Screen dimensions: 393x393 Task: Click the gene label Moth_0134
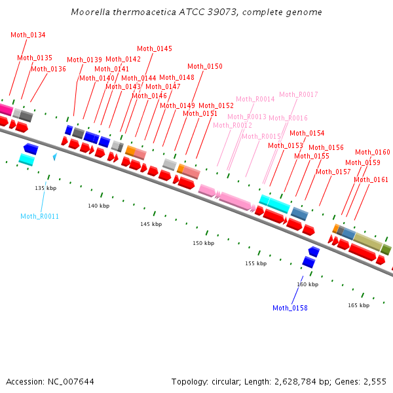28,35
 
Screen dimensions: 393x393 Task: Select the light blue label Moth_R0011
39,216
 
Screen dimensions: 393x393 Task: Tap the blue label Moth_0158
290,308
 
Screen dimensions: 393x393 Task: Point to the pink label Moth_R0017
299,94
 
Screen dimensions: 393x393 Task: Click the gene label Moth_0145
155,48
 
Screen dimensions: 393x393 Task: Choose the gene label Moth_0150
205,66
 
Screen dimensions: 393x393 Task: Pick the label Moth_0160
373,152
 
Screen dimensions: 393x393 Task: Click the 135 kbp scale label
46,188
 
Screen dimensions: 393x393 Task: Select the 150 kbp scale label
203,243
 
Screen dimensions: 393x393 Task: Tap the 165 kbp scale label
358,305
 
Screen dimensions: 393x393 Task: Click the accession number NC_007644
71,382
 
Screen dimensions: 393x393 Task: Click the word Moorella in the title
90,12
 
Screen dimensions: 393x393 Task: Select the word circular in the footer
225,382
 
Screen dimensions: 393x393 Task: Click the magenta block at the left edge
5,109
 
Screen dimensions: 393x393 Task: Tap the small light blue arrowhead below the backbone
55,157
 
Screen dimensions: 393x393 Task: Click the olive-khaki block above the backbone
367,241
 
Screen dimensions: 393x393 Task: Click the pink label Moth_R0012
233,125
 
